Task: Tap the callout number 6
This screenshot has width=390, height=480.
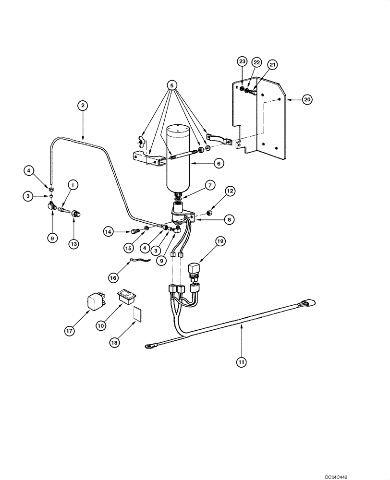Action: pos(218,164)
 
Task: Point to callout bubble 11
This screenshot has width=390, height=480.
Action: pos(241,361)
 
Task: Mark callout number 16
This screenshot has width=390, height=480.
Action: pos(113,277)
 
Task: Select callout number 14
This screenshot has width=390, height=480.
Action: pos(110,232)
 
